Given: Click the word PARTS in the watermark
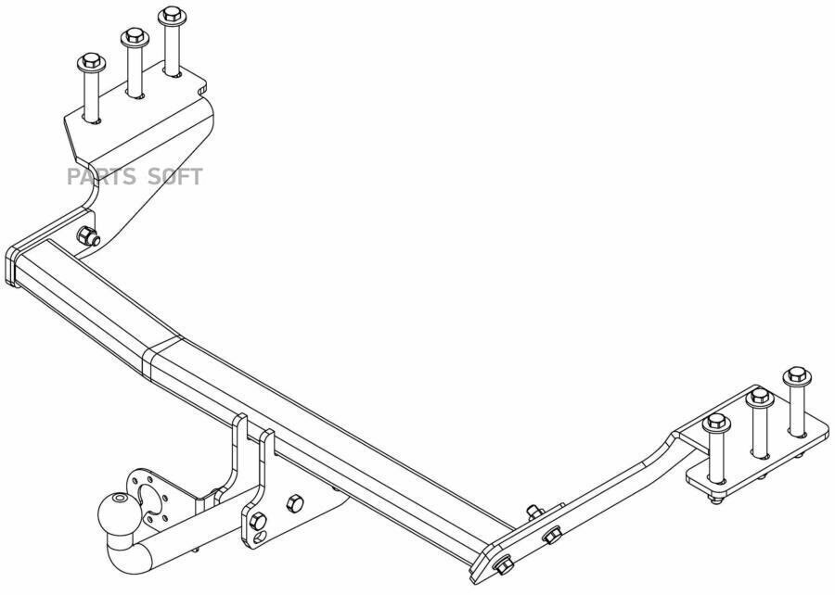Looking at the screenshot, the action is click(x=100, y=177).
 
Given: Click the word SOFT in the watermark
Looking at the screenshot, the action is click(x=174, y=177).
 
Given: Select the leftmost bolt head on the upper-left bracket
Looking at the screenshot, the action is click(x=92, y=64).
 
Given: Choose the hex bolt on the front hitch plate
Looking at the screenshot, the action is click(x=259, y=520).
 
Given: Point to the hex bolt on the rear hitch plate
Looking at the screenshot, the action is click(x=296, y=503).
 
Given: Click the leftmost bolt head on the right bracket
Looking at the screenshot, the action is click(x=718, y=423).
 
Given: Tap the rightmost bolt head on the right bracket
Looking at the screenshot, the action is click(x=796, y=377).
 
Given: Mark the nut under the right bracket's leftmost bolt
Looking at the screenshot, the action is click(x=716, y=498).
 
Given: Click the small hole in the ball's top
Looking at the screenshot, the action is click(x=118, y=499).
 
